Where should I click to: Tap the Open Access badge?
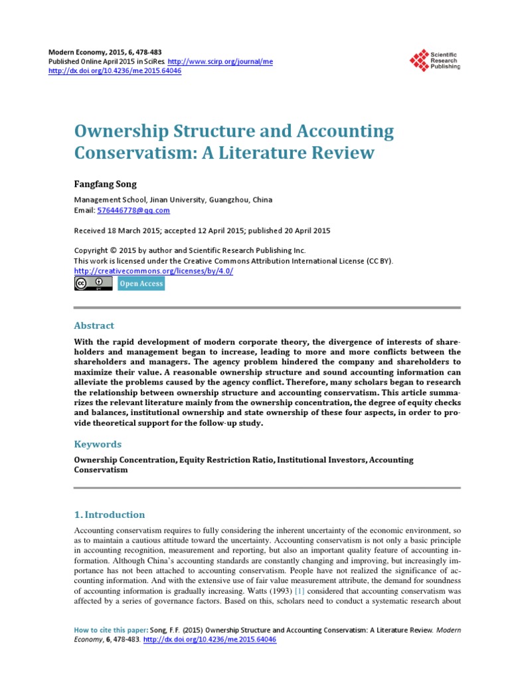[x=141, y=284]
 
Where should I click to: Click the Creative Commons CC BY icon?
[x=92, y=284]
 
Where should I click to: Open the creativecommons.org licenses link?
[x=153, y=271]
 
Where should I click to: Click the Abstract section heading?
[x=94, y=325]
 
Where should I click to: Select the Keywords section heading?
[x=98, y=444]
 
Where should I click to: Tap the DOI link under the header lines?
[x=116, y=70]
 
